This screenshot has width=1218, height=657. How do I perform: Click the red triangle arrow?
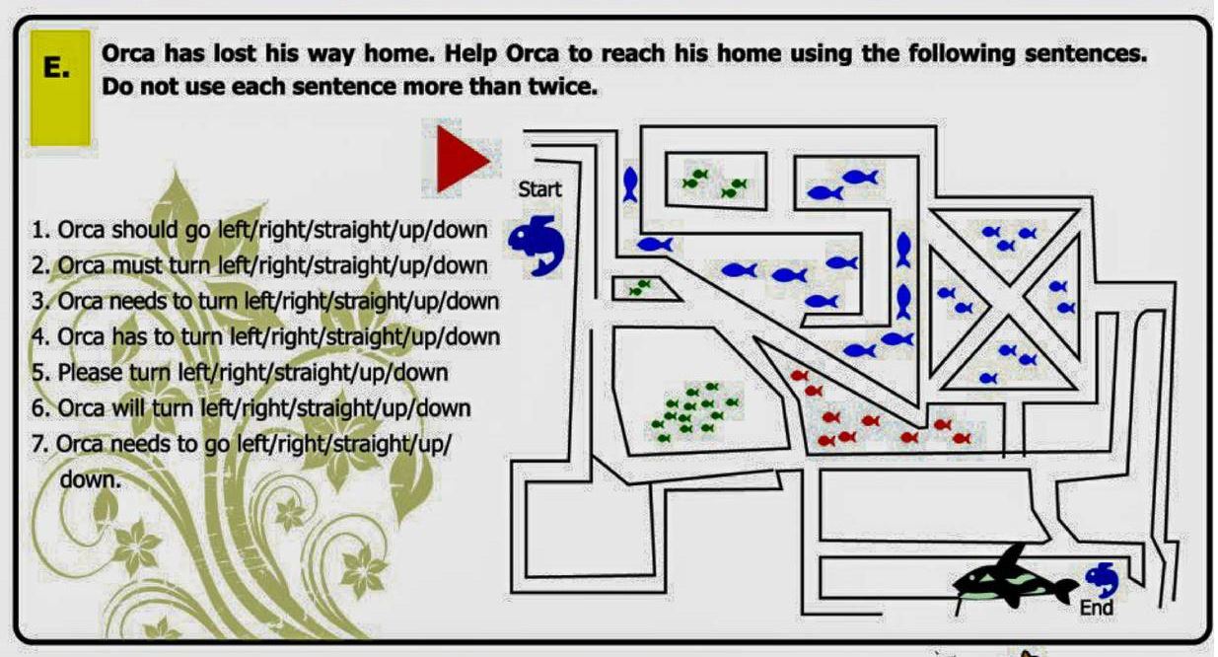pos(460,159)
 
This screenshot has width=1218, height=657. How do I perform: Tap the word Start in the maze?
pos(539,189)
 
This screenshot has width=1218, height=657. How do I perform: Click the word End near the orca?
pos(1097,608)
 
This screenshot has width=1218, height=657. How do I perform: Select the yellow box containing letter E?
pos(60,88)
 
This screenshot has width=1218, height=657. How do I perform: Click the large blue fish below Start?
pos(537,245)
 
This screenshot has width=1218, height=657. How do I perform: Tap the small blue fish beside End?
pos(1102,580)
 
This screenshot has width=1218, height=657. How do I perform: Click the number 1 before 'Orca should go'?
pos(36,230)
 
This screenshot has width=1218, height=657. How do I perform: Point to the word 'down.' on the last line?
pos(91,479)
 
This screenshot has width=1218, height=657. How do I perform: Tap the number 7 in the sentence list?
pos(36,444)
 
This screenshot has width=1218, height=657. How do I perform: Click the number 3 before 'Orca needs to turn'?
pos(36,301)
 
